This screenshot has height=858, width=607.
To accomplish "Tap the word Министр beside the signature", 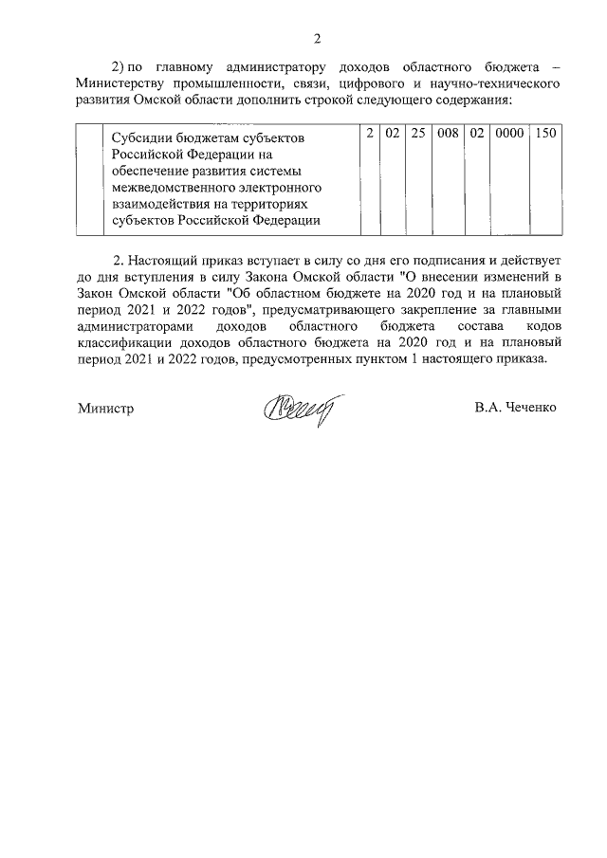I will (x=106, y=409).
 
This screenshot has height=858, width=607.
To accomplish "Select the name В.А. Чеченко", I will (x=515, y=409).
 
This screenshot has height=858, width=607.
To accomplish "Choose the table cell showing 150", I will (x=544, y=135).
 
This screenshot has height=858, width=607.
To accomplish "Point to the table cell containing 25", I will (x=417, y=135).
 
